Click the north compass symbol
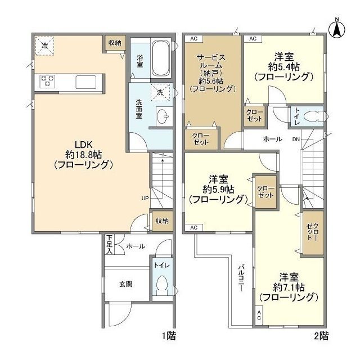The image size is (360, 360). (337, 29)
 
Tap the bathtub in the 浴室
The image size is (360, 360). (161, 58)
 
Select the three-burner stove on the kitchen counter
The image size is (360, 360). (47, 81)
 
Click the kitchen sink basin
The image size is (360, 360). (86, 82)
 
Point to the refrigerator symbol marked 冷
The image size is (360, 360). (44, 46)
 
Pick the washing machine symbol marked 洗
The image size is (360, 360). (160, 92)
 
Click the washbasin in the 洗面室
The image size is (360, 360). (164, 116)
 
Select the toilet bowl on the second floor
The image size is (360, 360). (313, 116)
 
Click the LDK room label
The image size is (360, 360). (84, 155)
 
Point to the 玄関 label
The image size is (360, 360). (126, 284)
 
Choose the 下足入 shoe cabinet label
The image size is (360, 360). (110, 244)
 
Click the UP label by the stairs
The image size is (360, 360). (145, 198)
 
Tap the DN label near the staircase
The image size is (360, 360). (296, 139)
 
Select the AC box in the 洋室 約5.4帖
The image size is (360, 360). (253, 39)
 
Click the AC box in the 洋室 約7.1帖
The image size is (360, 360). (259, 315)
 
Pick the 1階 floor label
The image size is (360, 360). (169, 336)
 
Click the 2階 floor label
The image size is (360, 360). (321, 336)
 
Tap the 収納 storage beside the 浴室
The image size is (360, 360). (115, 43)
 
